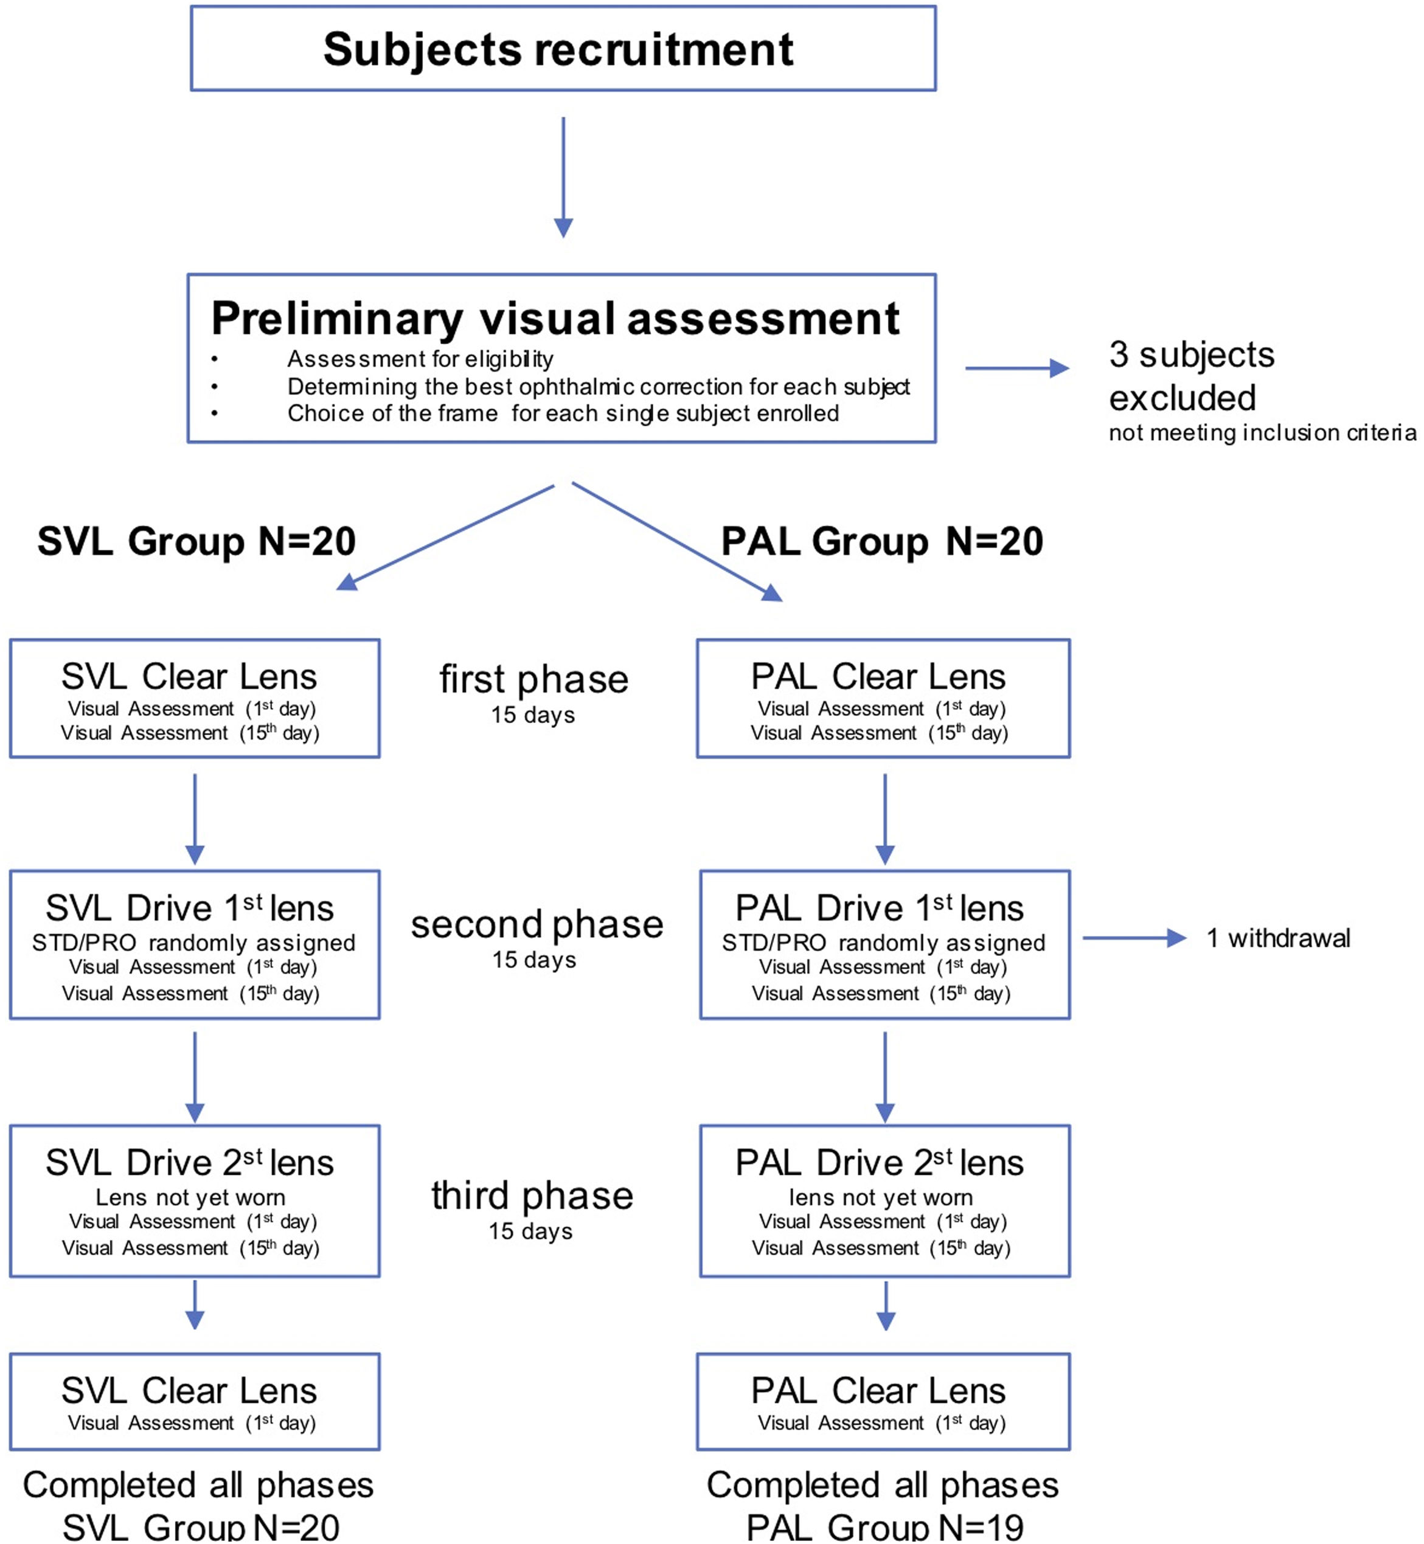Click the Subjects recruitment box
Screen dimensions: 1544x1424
click(563, 49)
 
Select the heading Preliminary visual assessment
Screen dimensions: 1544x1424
click(555, 318)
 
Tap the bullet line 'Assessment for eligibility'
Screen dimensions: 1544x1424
click(420, 359)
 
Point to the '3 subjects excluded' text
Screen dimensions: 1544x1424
click(1190, 376)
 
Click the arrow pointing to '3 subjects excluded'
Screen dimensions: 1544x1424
click(1016, 369)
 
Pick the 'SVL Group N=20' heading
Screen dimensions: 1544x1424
click(196, 541)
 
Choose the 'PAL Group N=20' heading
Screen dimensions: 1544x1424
click(882, 541)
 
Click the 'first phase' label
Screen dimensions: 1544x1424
click(534, 679)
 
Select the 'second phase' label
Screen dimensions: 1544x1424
click(537, 924)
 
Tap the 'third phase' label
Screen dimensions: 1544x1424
click(532, 1196)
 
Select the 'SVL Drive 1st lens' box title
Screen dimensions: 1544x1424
click(190, 909)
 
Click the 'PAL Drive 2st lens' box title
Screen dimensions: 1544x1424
click(879, 1163)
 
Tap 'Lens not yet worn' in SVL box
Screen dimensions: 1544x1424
click(190, 1197)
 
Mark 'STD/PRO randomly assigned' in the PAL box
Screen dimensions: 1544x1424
click(883, 943)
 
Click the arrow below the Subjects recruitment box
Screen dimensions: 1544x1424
click(563, 177)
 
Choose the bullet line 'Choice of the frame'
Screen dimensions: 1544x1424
click(563, 414)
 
